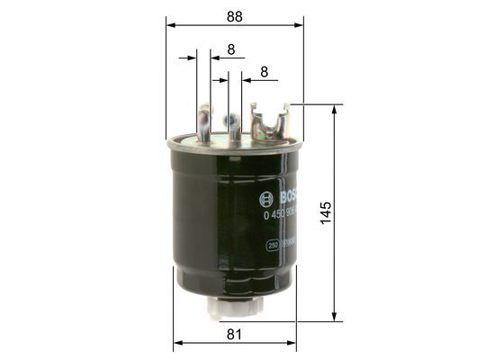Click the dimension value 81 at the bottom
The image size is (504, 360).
(x=234, y=335)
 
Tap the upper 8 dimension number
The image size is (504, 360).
(x=231, y=50)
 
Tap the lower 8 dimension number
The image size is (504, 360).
(x=264, y=71)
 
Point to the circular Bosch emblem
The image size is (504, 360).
(x=265, y=200)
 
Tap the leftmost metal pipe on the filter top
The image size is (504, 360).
(x=204, y=123)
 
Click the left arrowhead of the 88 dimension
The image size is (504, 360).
(x=170, y=26)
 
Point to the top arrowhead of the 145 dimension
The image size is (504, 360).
(x=337, y=109)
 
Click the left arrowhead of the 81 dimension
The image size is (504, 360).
(x=176, y=343)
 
